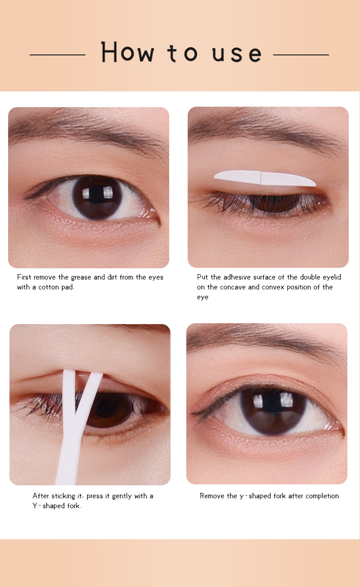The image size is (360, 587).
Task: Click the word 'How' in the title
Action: pyautogui.click(x=128, y=52)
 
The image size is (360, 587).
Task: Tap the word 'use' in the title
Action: pyautogui.click(x=237, y=54)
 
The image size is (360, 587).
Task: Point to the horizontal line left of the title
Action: pyautogui.click(x=58, y=55)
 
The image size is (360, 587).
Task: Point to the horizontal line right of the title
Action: pyautogui.click(x=301, y=55)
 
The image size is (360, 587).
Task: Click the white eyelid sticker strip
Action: pyautogui.click(x=265, y=178)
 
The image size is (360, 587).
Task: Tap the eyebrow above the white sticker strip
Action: pyautogui.click(x=267, y=131)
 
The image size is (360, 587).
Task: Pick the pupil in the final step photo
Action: pyautogui.click(x=273, y=411)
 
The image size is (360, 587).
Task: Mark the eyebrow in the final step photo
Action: pyautogui.click(x=267, y=343)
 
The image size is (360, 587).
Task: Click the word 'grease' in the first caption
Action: pyautogui.click(x=81, y=277)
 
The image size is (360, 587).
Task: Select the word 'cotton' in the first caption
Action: pyautogui.click(x=49, y=287)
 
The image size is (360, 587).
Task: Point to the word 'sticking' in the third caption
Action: pyautogui.click(x=63, y=496)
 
